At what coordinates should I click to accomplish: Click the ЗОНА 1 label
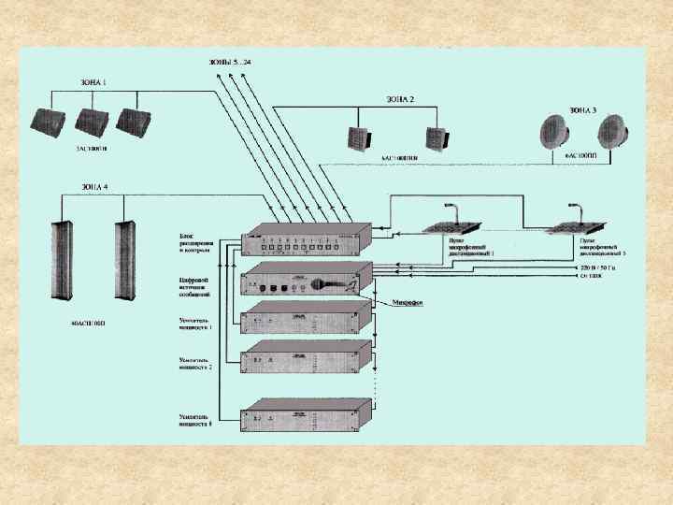[x=92, y=82]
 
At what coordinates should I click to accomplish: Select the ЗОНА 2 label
[x=399, y=98]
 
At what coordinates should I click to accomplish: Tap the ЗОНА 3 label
[x=581, y=108]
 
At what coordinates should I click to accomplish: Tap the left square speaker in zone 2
[x=363, y=137]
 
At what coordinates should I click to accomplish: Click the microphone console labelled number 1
[x=452, y=225]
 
